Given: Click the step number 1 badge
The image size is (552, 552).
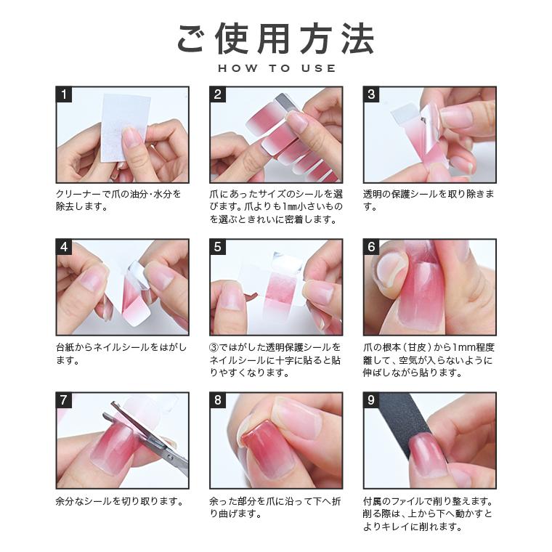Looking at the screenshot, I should coord(64,94).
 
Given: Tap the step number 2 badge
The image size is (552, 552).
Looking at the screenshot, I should coord(218,94).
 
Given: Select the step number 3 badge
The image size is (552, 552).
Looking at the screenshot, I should coord(371,94).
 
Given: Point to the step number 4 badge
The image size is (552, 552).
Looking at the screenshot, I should coord(64,247).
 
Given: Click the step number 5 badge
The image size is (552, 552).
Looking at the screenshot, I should coord(218,247).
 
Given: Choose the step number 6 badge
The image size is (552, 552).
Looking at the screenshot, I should coord(371,247).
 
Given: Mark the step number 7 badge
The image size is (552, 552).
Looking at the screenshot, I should coord(64,400).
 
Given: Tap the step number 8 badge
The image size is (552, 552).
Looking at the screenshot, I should coord(218,400).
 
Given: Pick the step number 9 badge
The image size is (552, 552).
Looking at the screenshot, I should coord(371,400).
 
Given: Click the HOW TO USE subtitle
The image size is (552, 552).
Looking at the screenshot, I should coord(276,68).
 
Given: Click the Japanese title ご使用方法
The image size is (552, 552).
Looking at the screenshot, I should coord(276,38).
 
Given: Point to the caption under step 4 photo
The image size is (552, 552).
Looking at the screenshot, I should coord(116,353).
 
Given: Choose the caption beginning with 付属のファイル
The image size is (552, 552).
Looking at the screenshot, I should coord(429,514).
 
